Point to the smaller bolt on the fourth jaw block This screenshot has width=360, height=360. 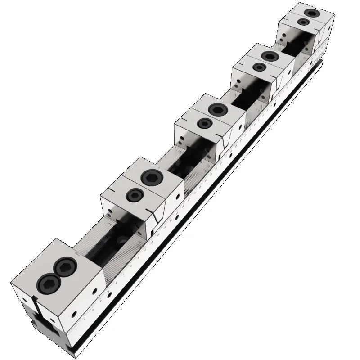coord(258,67)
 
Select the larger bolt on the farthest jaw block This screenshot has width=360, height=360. coord(310,13)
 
